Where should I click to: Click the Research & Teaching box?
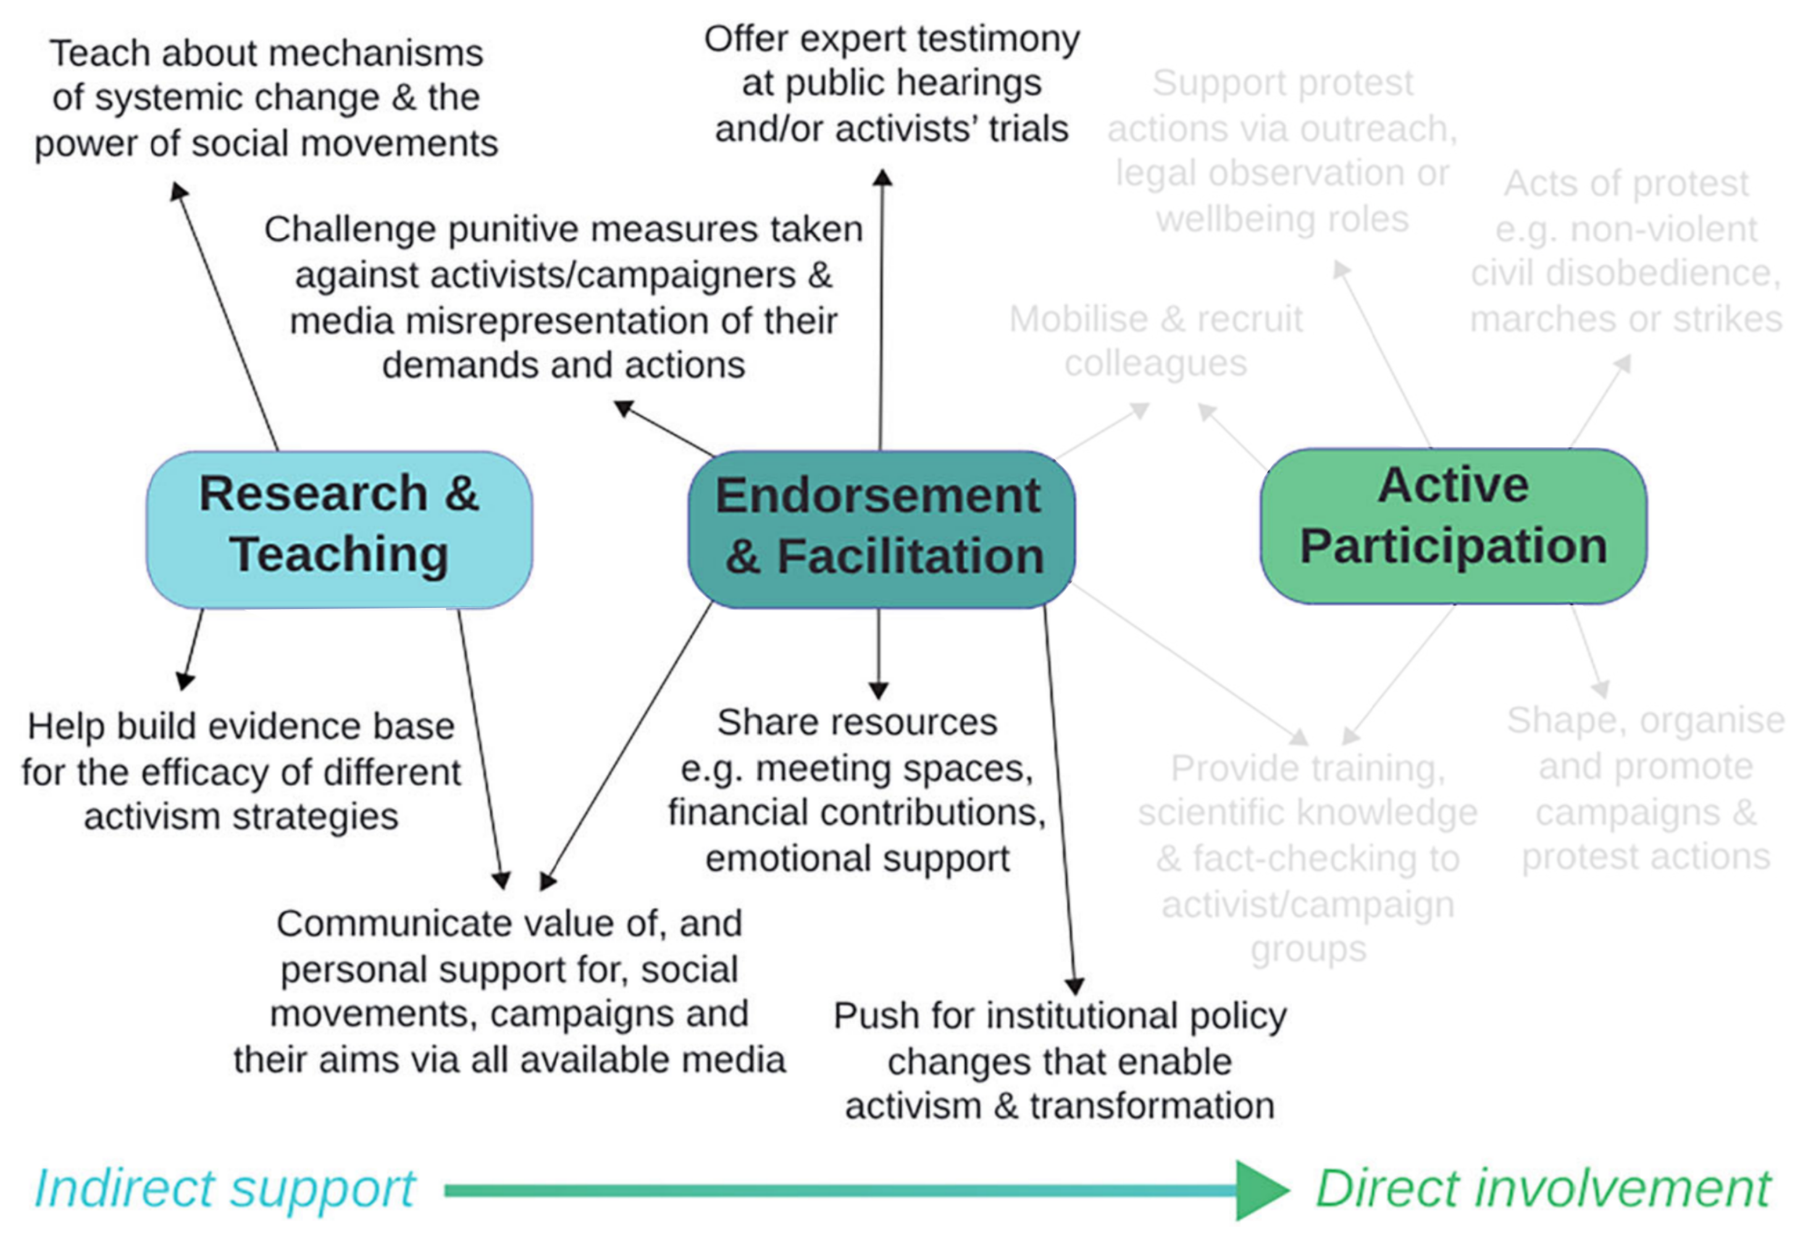(x=340, y=529)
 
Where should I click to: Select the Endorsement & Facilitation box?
(x=880, y=529)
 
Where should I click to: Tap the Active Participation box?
(x=1453, y=526)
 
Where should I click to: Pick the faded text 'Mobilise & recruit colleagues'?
(x=1156, y=340)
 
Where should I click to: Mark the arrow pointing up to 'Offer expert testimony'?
(x=882, y=313)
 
